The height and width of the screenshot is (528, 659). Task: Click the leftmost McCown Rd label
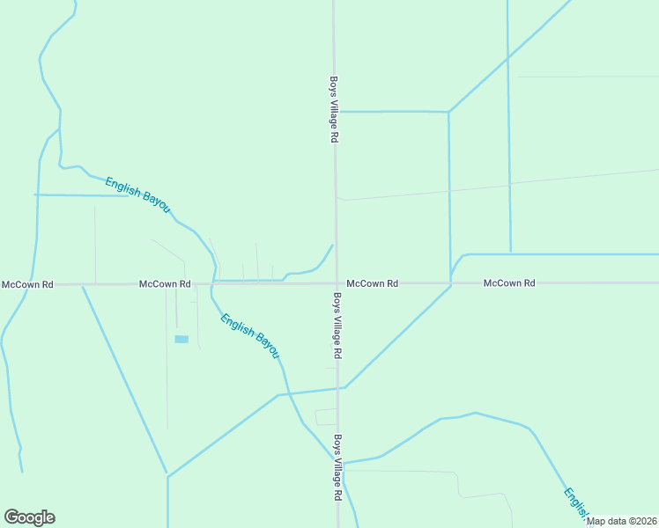tap(27, 284)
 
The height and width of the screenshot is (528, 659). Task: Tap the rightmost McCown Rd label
tap(509, 283)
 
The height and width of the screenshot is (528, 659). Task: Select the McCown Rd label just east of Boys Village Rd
tap(373, 283)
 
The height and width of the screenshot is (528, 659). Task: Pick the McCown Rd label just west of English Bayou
tap(165, 284)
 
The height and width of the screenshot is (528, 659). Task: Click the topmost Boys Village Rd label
tap(334, 108)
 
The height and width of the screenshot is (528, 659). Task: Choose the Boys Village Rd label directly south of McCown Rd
tap(337, 325)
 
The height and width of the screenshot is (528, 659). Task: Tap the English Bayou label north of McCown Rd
tap(137, 194)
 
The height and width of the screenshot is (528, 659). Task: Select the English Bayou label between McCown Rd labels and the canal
tap(250, 336)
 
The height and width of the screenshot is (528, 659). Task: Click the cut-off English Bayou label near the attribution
tap(576, 504)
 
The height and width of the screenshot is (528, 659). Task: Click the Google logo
tap(29, 517)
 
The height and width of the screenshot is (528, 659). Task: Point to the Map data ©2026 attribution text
tap(621, 521)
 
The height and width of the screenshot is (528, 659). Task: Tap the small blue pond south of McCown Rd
tap(181, 339)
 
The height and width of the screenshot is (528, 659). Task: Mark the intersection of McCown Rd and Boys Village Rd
tap(336, 283)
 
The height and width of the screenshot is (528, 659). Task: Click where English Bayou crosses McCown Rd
tap(214, 283)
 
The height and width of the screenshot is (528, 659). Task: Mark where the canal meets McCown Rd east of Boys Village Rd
tap(451, 283)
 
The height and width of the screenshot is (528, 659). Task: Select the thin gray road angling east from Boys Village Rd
tap(493, 184)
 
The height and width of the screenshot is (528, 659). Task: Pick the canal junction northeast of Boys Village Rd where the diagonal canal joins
tap(449, 112)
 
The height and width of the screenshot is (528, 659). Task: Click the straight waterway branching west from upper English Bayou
tap(79, 194)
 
